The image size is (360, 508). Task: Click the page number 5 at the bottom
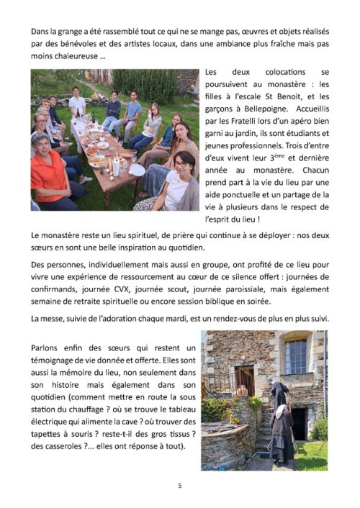coord(180,485)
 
